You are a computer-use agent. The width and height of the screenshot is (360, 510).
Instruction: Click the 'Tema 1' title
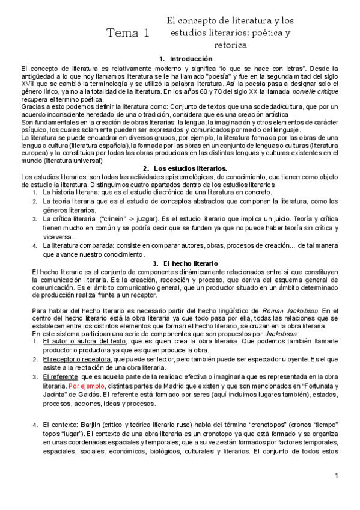point(127,33)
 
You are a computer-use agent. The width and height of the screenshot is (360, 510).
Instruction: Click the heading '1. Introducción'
point(186,59)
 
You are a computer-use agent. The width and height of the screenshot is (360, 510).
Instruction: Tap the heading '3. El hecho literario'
point(185,263)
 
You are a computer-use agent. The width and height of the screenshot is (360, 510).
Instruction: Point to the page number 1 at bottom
point(337,476)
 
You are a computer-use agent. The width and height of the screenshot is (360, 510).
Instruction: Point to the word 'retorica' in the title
point(230,45)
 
